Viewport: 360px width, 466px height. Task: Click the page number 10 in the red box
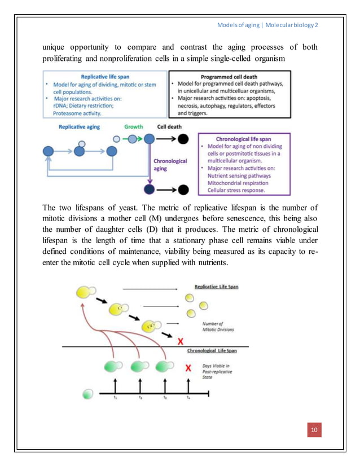[x=314, y=431]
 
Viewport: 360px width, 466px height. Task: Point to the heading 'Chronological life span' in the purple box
[x=245, y=138]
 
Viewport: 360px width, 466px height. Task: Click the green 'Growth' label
[x=134, y=127]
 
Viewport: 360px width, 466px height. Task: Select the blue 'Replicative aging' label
[x=80, y=127]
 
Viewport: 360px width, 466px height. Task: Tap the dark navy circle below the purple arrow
[x=150, y=188]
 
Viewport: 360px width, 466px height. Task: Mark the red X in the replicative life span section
[x=181, y=341]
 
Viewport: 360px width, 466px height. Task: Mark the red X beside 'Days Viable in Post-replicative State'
[x=188, y=368]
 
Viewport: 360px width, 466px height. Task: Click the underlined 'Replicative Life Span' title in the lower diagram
[x=216, y=287]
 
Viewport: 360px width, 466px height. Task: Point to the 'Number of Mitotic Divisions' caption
[x=217, y=326]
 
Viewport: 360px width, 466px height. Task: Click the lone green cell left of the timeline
[x=87, y=393]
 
